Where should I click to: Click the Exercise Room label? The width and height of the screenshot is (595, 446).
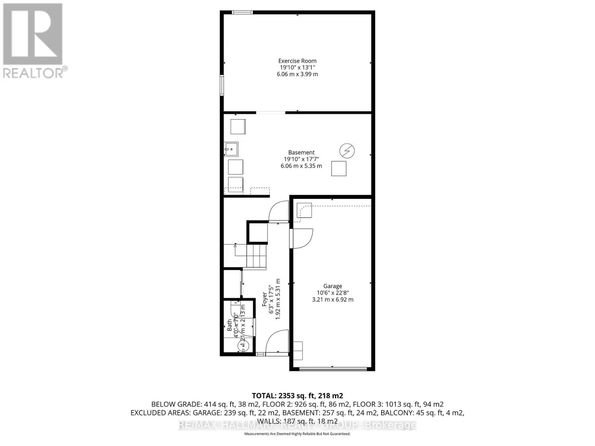[x=297, y=61]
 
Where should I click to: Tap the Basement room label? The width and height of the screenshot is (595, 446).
[x=301, y=152]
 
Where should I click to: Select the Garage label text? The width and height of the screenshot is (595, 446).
[x=332, y=286]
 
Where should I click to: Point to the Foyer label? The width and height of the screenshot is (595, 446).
[x=264, y=299]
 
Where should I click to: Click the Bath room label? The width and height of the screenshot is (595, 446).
[x=229, y=325]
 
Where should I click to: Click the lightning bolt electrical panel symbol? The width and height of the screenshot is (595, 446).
[x=347, y=151]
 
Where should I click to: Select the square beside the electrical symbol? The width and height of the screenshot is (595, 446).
[x=339, y=168]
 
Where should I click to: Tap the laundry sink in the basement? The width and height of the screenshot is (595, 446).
[x=231, y=149]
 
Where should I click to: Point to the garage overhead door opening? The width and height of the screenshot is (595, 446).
[x=333, y=369]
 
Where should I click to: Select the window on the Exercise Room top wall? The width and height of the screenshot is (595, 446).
[x=242, y=12]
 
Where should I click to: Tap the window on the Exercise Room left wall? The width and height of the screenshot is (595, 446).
[x=222, y=85]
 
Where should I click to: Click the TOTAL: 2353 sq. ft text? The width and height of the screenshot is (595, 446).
[x=297, y=395]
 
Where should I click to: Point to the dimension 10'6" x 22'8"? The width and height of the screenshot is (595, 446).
[x=332, y=293]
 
